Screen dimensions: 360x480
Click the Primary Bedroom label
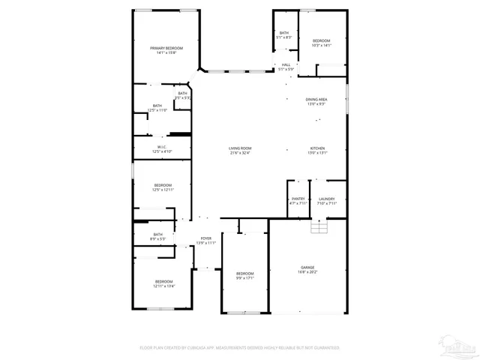click(166, 48)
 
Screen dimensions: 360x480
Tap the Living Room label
click(240, 148)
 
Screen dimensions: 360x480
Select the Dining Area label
click(316, 100)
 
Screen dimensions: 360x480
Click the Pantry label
click(298, 199)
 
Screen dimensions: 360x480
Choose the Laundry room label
click(326, 199)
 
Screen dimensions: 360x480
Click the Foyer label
click(205, 238)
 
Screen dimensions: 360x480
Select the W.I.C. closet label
click(162, 146)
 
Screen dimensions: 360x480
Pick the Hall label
click(286, 65)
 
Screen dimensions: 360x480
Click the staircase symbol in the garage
click(319, 227)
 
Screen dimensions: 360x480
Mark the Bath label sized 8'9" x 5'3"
click(157, 235)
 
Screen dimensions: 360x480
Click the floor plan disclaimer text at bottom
click(240, 347)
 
